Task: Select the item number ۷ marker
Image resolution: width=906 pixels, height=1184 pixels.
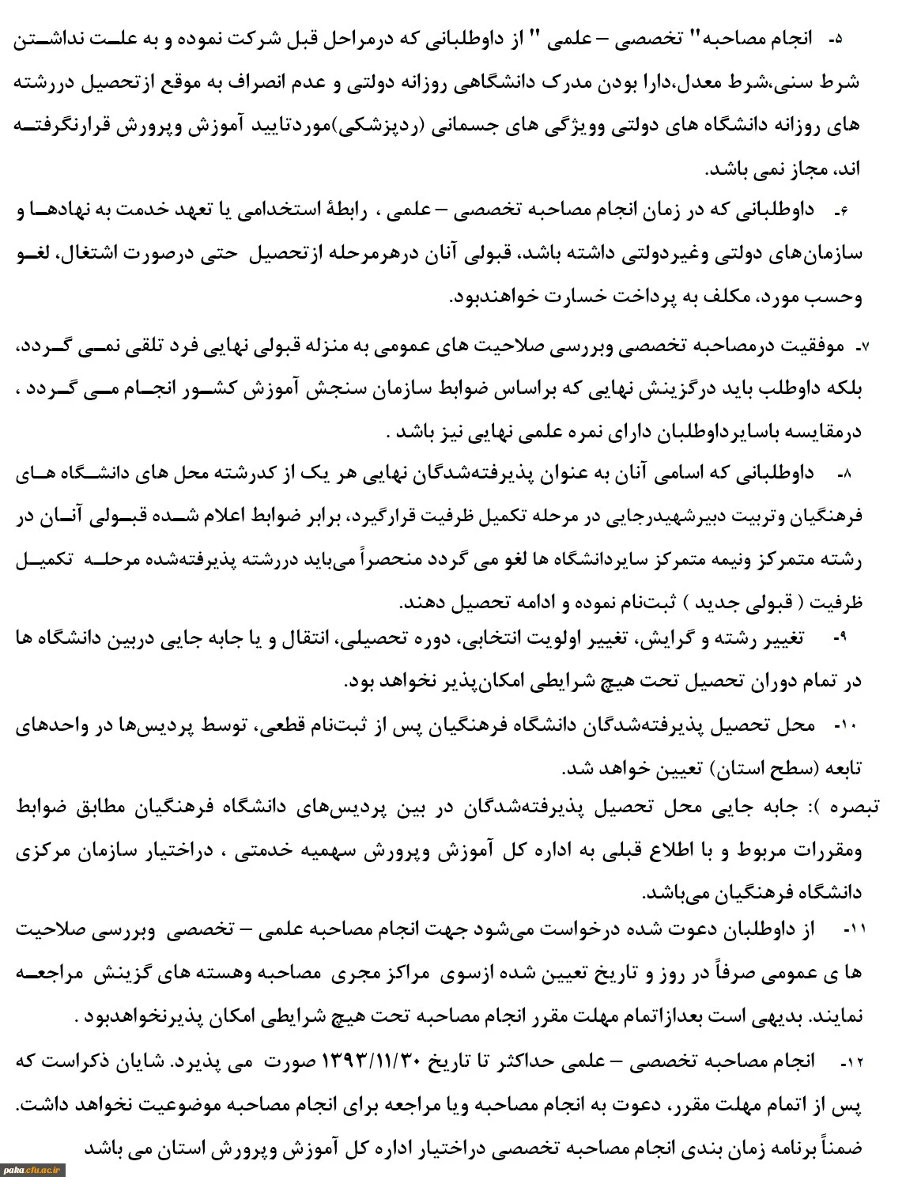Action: click(x=863, y=346)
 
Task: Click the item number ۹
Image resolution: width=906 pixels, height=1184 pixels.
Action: click(x=840, y=638)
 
